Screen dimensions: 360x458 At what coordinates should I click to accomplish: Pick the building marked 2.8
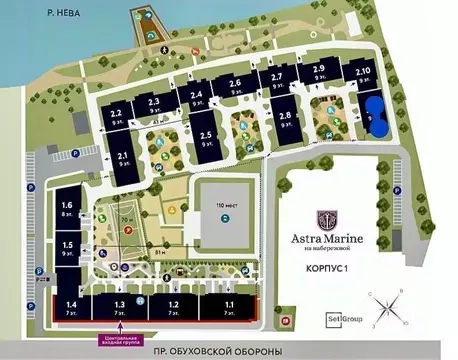(x=286, y=120)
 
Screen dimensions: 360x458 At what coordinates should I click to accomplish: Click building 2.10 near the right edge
(x=362, y=75)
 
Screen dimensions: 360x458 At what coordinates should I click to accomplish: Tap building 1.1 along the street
(x=230, y=307)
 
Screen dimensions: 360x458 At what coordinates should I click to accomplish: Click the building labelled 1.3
(x=119, y=307)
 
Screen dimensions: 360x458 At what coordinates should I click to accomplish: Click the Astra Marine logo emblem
(x=329, y=219)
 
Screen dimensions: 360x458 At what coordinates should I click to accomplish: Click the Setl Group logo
(x=343, y=317)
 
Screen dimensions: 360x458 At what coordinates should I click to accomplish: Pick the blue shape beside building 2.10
(x=376, y=112)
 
